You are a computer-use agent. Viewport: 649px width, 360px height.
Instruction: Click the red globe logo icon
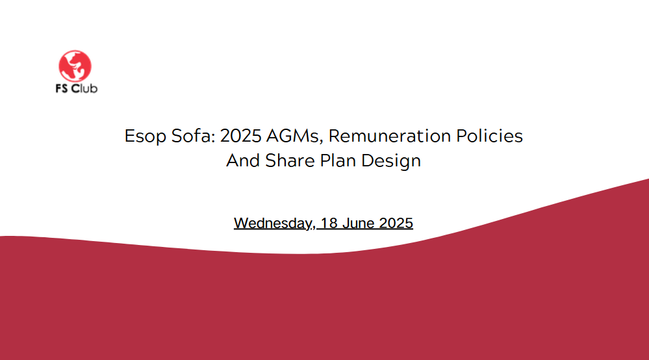coord(75,66)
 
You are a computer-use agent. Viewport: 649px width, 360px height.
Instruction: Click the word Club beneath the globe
coord(84,88)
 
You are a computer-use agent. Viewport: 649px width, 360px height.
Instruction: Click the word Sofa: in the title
coord(194,136)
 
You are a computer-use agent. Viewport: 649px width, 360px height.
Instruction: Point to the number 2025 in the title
coord(240,136)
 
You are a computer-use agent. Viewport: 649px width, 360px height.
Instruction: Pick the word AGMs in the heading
coord(293,136)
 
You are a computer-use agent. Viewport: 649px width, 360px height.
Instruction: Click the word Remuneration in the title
coord(390,136)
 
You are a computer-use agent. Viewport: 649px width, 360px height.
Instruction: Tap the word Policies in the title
coord(489,136)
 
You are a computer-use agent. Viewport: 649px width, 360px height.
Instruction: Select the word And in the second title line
coord(243,161)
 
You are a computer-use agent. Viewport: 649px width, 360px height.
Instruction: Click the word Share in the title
coord(290,161)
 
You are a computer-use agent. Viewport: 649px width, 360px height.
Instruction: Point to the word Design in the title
coord(390,161)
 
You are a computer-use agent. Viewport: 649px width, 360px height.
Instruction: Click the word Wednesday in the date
coord(272,224)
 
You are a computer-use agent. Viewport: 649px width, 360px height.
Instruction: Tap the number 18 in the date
coord(329,223)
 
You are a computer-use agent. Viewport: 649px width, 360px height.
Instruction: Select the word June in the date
coord(359,223)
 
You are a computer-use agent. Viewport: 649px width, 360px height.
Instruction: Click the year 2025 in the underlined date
coord(396,223)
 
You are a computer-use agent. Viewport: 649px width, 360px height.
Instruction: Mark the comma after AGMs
coord(321,142)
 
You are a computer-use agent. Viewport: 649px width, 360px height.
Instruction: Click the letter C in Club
coord(75,88)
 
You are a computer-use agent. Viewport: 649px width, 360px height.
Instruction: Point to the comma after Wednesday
coord(313,228)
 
